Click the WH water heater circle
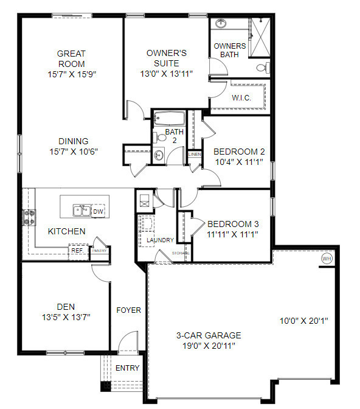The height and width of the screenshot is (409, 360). [x=327, y=258]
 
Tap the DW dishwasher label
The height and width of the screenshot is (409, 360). [x=98, y=211]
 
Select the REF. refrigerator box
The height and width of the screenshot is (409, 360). [x=77, y=250]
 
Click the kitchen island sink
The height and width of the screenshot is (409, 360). [x=81, y=211]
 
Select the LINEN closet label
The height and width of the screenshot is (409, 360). [x=194, y=155]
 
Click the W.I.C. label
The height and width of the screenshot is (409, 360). [x=241, y=97]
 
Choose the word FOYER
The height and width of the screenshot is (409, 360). [x=128, y=310]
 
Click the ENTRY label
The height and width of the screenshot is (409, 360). [x=127, y=368]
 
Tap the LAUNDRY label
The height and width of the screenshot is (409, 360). [x=161, y=240]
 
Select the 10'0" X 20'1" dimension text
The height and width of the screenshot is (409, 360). [x=304, y=321]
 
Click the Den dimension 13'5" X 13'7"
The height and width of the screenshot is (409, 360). [x=66, y=316]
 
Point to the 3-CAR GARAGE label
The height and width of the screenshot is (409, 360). [x=209, y=335]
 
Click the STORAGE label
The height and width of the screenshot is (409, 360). [x=181, y=253]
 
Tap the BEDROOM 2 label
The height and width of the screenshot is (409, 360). [x=238, y=152]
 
